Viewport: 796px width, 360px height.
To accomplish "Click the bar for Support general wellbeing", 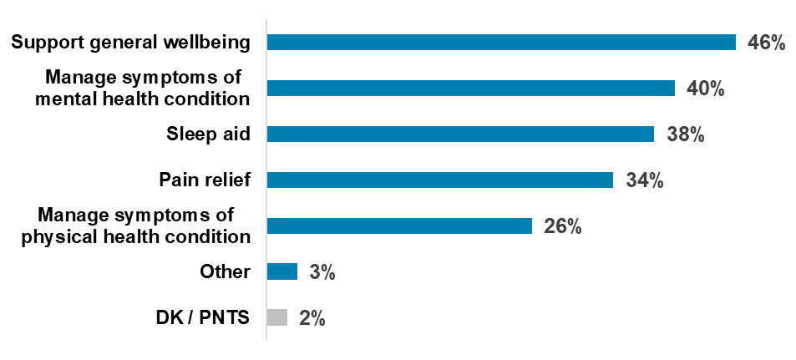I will click(500, 43).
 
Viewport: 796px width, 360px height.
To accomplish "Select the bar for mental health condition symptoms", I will click(470, 89).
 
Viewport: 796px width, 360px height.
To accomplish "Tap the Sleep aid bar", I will click(459, 134).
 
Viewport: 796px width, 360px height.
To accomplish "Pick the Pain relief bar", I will click(439, 180).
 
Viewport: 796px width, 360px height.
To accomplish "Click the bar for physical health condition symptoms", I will click(398, 226).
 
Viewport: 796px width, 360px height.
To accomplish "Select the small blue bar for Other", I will click(281, 271).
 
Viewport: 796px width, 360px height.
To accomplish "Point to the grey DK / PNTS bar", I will click(277, 317).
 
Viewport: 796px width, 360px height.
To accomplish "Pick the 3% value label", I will click(322, 272).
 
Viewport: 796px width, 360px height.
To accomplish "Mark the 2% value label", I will click(312, 318).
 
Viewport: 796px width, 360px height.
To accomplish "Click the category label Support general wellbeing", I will click(130, 43).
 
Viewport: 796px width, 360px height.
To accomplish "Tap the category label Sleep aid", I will click(209, 134).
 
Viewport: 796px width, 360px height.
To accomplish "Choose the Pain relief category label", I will click(205, 180).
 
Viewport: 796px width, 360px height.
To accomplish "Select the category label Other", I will click(225, 271).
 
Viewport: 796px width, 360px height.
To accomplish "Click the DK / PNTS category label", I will click(202, 317).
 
